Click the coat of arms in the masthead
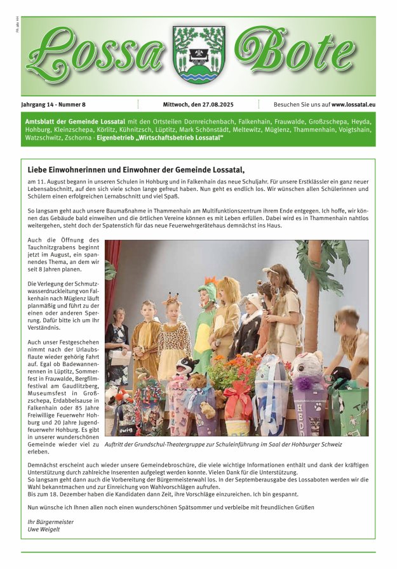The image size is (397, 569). [198, 55]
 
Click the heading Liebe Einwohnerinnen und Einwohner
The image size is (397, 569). [136, 169]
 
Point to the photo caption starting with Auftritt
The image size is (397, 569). [223, 445]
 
